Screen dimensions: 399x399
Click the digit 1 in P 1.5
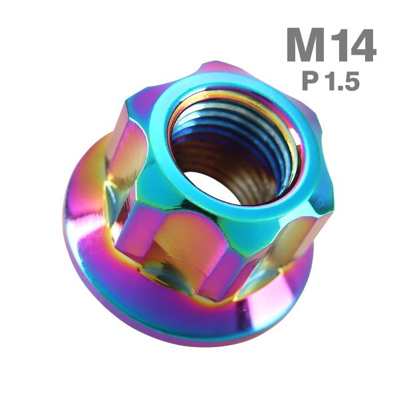332,80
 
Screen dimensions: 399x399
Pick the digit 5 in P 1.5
351,80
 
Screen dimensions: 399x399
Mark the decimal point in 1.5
340,87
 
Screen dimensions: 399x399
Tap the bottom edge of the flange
199,345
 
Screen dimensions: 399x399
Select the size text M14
332,46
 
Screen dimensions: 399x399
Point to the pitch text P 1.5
331,80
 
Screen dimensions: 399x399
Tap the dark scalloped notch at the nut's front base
160,273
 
